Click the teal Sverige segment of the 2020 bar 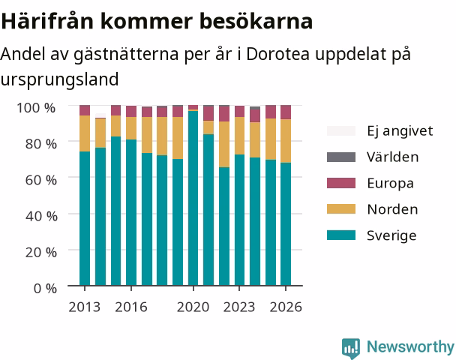[193, 198]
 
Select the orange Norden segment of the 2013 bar [85, 133]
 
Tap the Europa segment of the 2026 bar [286, 112]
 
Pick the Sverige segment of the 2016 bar [131, 212]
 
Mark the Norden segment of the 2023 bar [240, 136]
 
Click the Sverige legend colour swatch [341, 235]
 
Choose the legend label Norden [392, 209]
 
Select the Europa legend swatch [341, 183]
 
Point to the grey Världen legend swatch [341, 157]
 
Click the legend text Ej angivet [400, 131]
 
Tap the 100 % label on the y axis [36, 108]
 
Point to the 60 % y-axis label [41, 180]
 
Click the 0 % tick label [45, 289]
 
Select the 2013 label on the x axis [84, 307]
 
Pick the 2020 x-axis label [193, 307]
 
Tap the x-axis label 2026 [286, 307]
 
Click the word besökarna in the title [256, 21]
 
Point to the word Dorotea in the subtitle [277, 54]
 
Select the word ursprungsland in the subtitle [59, 79]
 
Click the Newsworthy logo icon [351, 348]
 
